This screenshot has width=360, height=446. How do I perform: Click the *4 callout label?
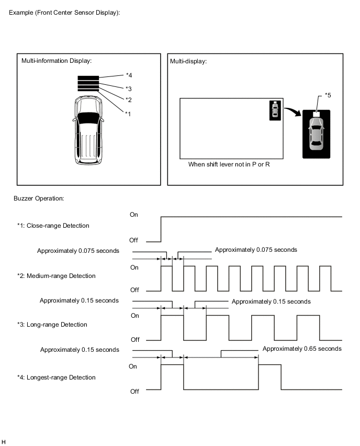click(129, 75)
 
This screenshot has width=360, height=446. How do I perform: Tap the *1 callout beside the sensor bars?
click(128, 113)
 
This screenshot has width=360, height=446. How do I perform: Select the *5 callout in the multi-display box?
click(328, 95)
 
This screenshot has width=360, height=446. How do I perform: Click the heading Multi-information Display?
click(57, 61)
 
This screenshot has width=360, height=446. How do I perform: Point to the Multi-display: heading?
click(188, 61)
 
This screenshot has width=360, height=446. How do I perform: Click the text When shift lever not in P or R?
click(229, 164)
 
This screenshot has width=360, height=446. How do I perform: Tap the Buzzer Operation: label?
click(40, 199)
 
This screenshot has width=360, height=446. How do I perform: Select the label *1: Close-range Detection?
click(53, 226)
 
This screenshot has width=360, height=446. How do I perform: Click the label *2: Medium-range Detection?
click(56, 276)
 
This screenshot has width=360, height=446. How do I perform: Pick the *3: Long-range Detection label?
click(52, 325)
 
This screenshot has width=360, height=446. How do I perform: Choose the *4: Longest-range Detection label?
click(57, 377)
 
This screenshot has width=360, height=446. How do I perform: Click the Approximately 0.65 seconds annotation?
click(302, 349)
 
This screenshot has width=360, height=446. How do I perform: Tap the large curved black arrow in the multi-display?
click(293, 111)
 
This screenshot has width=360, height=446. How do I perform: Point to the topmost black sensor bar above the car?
click(88, 78)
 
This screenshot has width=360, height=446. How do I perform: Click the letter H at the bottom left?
click(4, 442)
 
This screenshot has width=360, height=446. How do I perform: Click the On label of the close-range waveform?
click(134, 215)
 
